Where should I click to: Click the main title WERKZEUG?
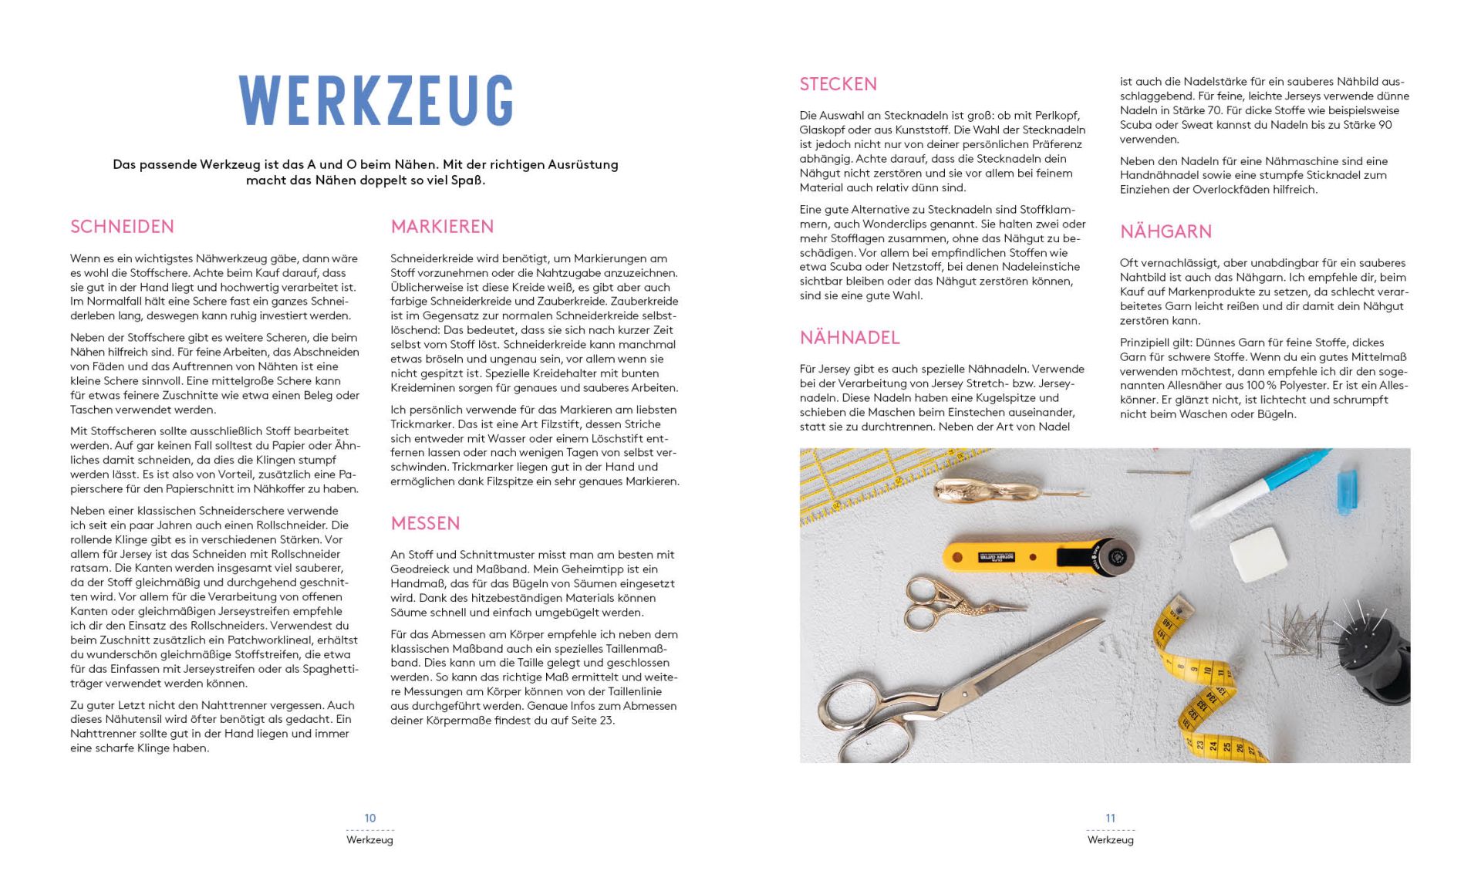click(x=376, y=100)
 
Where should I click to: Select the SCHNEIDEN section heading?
click(x=122, y=227)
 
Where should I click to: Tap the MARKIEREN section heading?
click(x=442, y=227)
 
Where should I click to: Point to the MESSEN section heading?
click(x=425, y=524)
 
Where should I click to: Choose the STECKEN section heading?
click(x=838, y=84)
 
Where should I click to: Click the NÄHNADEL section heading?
click(x=849, y=338)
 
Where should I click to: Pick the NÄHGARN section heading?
click(x=1166, y=231)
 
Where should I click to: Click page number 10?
click(x=370, y=818)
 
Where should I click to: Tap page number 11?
click(x=1110, y=818)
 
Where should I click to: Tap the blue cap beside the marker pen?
click(x=1346, y=490)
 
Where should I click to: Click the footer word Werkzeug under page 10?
click(x=370, y=840)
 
